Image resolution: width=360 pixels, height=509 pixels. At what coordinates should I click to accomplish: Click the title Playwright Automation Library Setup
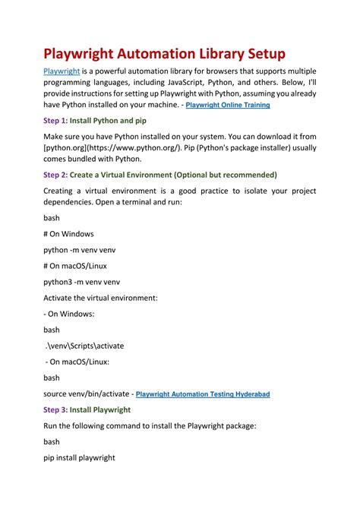[163, 55]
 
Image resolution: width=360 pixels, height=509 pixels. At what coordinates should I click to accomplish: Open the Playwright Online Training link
[228, 105]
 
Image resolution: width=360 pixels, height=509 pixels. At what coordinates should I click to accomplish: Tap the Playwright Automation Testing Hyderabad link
[203, 394]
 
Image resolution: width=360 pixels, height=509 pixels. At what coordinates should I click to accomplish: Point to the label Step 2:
[55, 175]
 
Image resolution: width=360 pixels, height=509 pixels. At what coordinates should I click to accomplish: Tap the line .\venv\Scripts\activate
[84, 346]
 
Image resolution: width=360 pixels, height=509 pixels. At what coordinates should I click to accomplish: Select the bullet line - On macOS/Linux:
[77, 362]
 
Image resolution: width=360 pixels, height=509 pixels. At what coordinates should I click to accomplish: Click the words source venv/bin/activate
[85, 394]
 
